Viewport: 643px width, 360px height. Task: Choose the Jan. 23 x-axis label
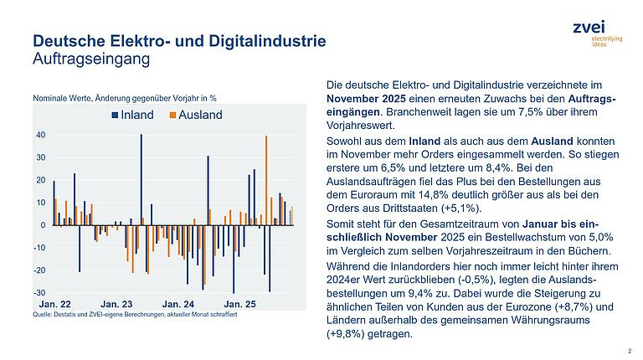[x=116, y=304]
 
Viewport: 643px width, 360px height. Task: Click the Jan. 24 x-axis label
[x=177, y=304]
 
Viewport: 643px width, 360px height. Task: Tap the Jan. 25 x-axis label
[x=239, y=304]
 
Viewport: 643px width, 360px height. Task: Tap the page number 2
[x=629, y=352]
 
